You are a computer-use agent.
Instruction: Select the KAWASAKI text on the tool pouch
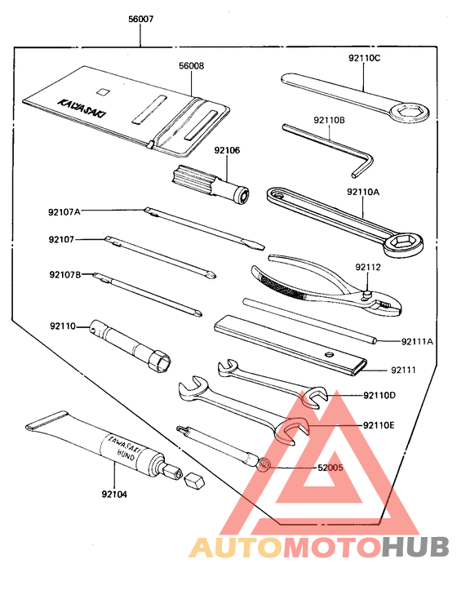76,108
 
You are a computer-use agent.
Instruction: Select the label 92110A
364,192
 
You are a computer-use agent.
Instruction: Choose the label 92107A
64,212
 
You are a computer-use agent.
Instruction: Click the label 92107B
64,274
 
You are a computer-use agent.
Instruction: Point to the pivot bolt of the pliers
369,295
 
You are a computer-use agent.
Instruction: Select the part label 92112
368,267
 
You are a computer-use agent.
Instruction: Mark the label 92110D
379,396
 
